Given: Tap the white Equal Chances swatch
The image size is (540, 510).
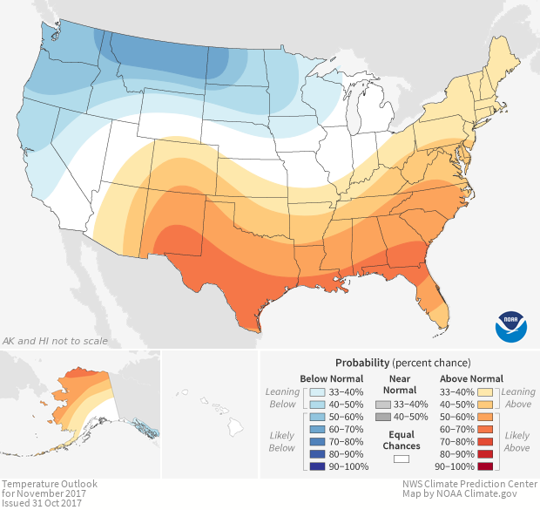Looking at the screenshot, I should pyautogui.click(x=401, y=459).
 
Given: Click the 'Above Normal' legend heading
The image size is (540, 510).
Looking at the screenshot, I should pyautogui.click(x=472, y=378).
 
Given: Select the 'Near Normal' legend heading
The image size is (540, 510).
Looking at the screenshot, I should pyautogui.click(x=399, y=384).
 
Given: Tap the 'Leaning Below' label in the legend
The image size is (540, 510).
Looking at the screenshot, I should pyautogui.click(x=283, y=398).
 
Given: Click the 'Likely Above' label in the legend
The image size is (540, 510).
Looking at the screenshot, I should pyautogui.click(x=517, y=441).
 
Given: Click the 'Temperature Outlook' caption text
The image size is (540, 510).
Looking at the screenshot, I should pyautogui.click(x=50, y=483).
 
